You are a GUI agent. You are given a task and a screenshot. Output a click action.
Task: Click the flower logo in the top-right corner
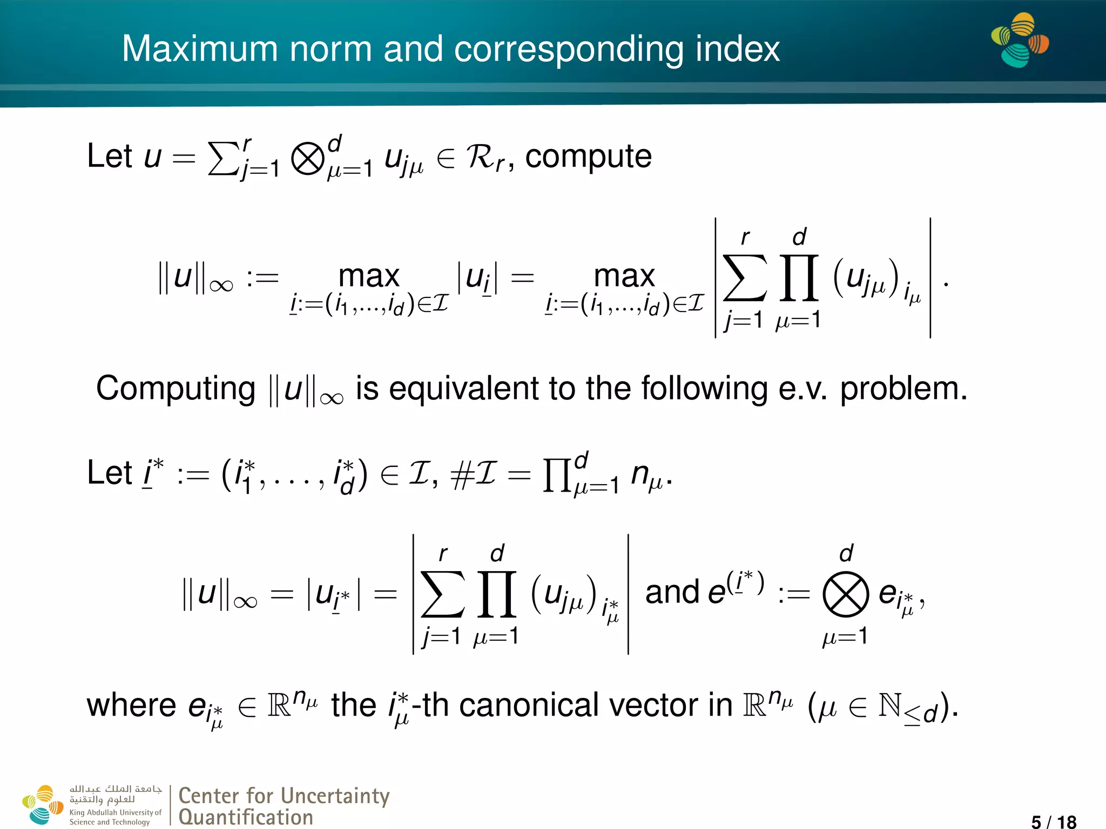pos(1019,40)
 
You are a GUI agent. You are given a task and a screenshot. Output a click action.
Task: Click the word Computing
pos(176,389)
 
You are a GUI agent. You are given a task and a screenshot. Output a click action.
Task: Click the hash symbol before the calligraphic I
pos(461,475)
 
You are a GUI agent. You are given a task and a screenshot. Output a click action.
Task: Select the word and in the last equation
pos(672,592)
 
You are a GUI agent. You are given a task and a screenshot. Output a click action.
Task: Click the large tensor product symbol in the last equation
pos(845,594)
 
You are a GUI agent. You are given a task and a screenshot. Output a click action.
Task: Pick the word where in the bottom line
pos(131,705)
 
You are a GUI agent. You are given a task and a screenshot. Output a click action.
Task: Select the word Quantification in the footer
pos(246,817)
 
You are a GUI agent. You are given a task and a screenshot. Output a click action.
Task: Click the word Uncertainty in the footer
pos(335,796)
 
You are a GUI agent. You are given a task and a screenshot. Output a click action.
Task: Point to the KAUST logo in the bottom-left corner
pos(42,804)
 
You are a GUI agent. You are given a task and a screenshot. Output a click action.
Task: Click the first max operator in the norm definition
pos(369,276)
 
